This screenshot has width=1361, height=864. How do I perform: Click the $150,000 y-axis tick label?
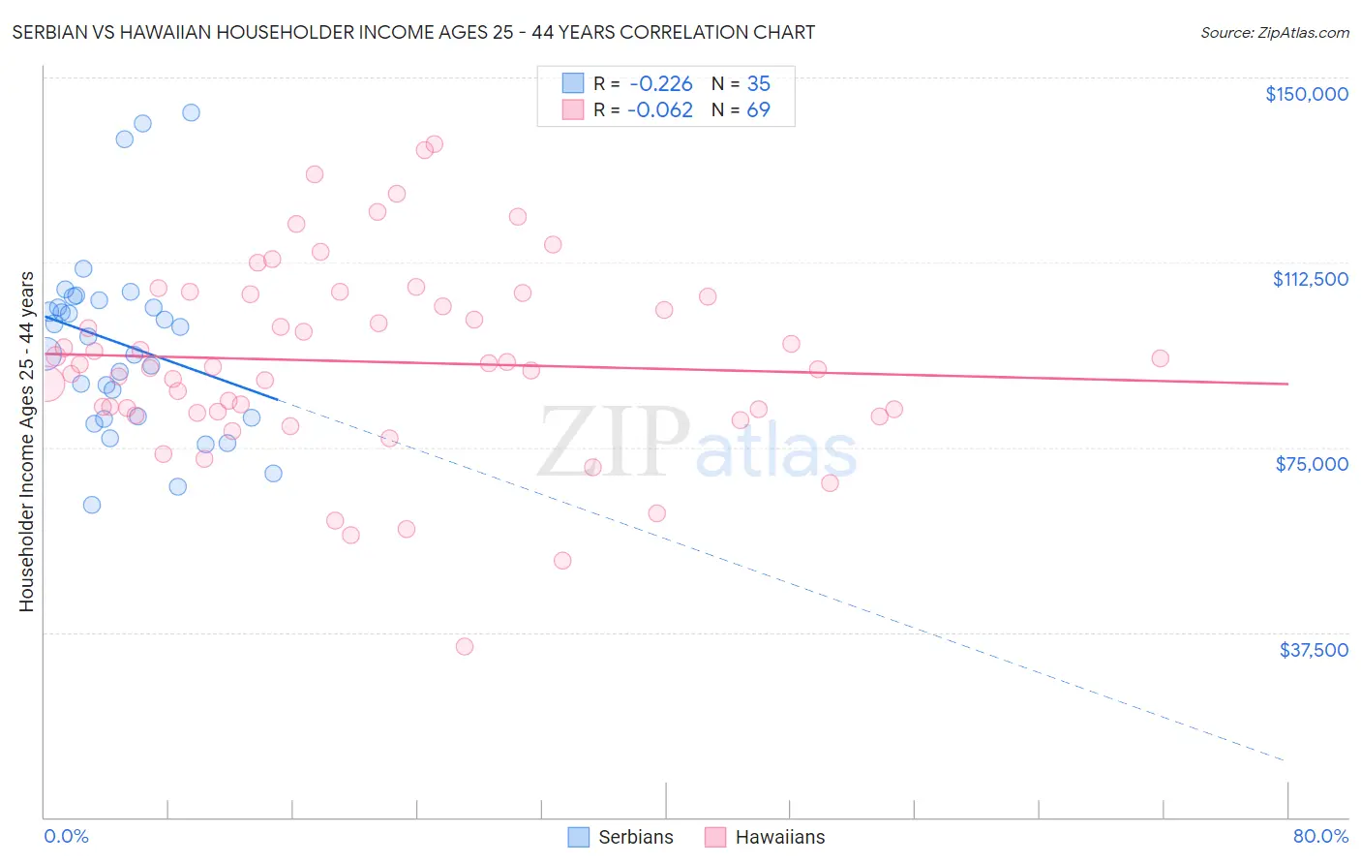(x=1306, y=94)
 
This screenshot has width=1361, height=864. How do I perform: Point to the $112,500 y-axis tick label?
(x=1310, y=279)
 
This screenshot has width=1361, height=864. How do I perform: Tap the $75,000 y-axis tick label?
(x=1312, y=464)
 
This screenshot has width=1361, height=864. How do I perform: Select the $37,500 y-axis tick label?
(x=1313, y=650)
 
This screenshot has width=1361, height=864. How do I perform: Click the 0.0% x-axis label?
(x=66, y=836)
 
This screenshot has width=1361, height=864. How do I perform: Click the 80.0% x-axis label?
(x=1320, y=836)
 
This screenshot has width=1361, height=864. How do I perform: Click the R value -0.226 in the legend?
(x=660, y=84)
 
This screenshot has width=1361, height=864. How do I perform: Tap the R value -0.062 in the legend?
(x=660, y=110)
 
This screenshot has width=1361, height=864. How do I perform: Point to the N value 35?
(x=758, y=84)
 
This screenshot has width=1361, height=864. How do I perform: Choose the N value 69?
(x=758, y=110)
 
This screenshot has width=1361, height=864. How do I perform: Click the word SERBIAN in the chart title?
(x=54, y=32)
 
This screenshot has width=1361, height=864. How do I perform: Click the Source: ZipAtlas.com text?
(x=1274, y=33)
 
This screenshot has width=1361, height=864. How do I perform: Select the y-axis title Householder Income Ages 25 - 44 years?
(x=26, y=442)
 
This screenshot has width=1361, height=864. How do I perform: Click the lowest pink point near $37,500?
(x=465, y=646)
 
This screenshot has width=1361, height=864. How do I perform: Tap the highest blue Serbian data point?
(x=191, y=112)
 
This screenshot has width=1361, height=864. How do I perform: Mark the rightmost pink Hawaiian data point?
(x=1160, y=358)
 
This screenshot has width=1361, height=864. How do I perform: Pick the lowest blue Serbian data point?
(x=92, y=505)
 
